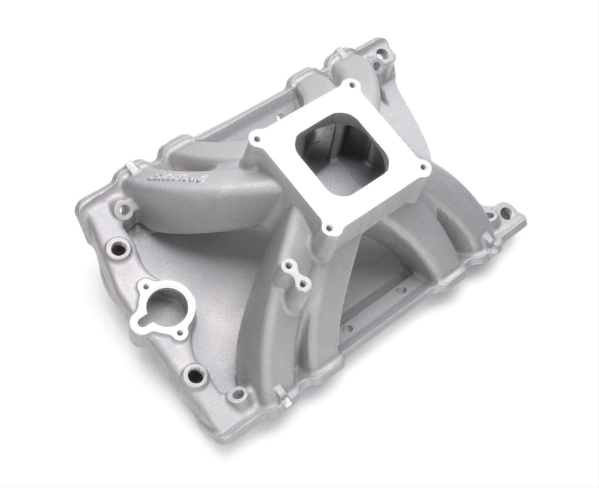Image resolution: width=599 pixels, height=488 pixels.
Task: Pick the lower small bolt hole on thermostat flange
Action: tap(180, 333)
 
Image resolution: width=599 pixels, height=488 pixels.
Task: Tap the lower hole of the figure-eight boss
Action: tap(304, 282)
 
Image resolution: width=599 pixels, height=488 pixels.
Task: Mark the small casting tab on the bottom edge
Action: tap(285, 399)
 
